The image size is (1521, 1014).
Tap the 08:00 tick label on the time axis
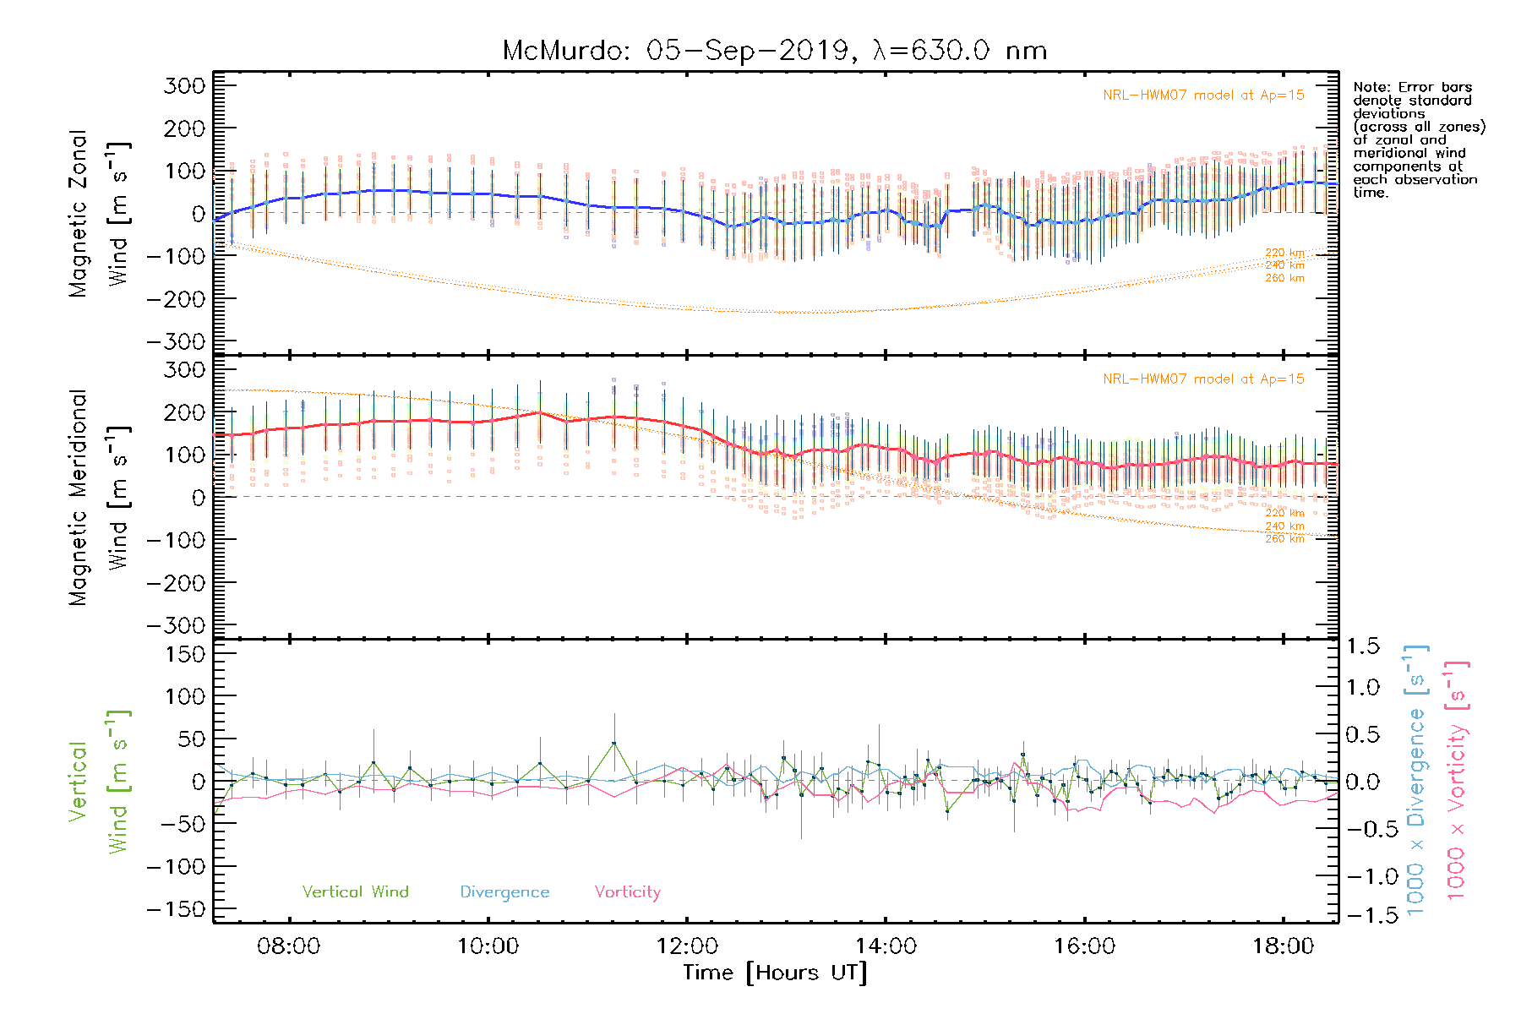(x=288, y=946)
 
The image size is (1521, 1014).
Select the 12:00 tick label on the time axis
(x=686, y=946)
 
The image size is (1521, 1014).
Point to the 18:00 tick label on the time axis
(x=1283, y=946)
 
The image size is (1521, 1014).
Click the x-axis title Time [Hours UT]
(x=774, y=973)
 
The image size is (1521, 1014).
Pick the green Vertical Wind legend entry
(x=355, y=891)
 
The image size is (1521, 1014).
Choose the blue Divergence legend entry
(x=504, y=891)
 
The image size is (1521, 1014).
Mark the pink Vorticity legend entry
(x=627, y=891)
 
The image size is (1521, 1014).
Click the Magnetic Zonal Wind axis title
(x=97, y=213)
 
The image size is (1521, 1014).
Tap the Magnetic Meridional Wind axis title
(x=97, y=498)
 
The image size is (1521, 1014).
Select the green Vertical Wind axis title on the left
(x=97, y=782)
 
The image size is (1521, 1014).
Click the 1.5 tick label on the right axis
(x=1362, y=646)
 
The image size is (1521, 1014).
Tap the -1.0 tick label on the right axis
(x=1362, y=876)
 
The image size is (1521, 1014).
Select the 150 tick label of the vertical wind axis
(x=185, y=654)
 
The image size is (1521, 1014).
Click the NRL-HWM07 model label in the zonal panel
(x=1203, y=95)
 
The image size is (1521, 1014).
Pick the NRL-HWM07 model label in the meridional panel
(x=1203, y=379)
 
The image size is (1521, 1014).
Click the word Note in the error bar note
(x=1370, y=87)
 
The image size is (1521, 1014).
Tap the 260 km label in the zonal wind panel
(x=1284, y=278)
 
